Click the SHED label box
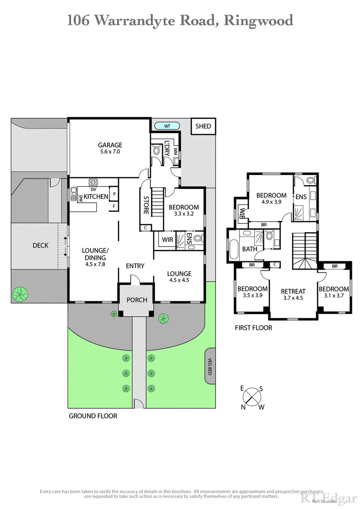tap(203, 126)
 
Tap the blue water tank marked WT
tap(166, 126)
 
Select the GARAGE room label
tap(110, 145)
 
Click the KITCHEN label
tap(96, 196)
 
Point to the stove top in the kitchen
tap(94, 183)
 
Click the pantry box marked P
tap(114, 195)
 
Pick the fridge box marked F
tap(114, 206)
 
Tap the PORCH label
tap(136, 300)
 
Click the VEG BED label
tap(210, 366)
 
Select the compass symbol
tap(252, 397)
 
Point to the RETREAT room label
tap(293, 291)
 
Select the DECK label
tap(40, 246)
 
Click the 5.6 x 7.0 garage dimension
tap(110, 152)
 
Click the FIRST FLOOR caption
tap(253, 328)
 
